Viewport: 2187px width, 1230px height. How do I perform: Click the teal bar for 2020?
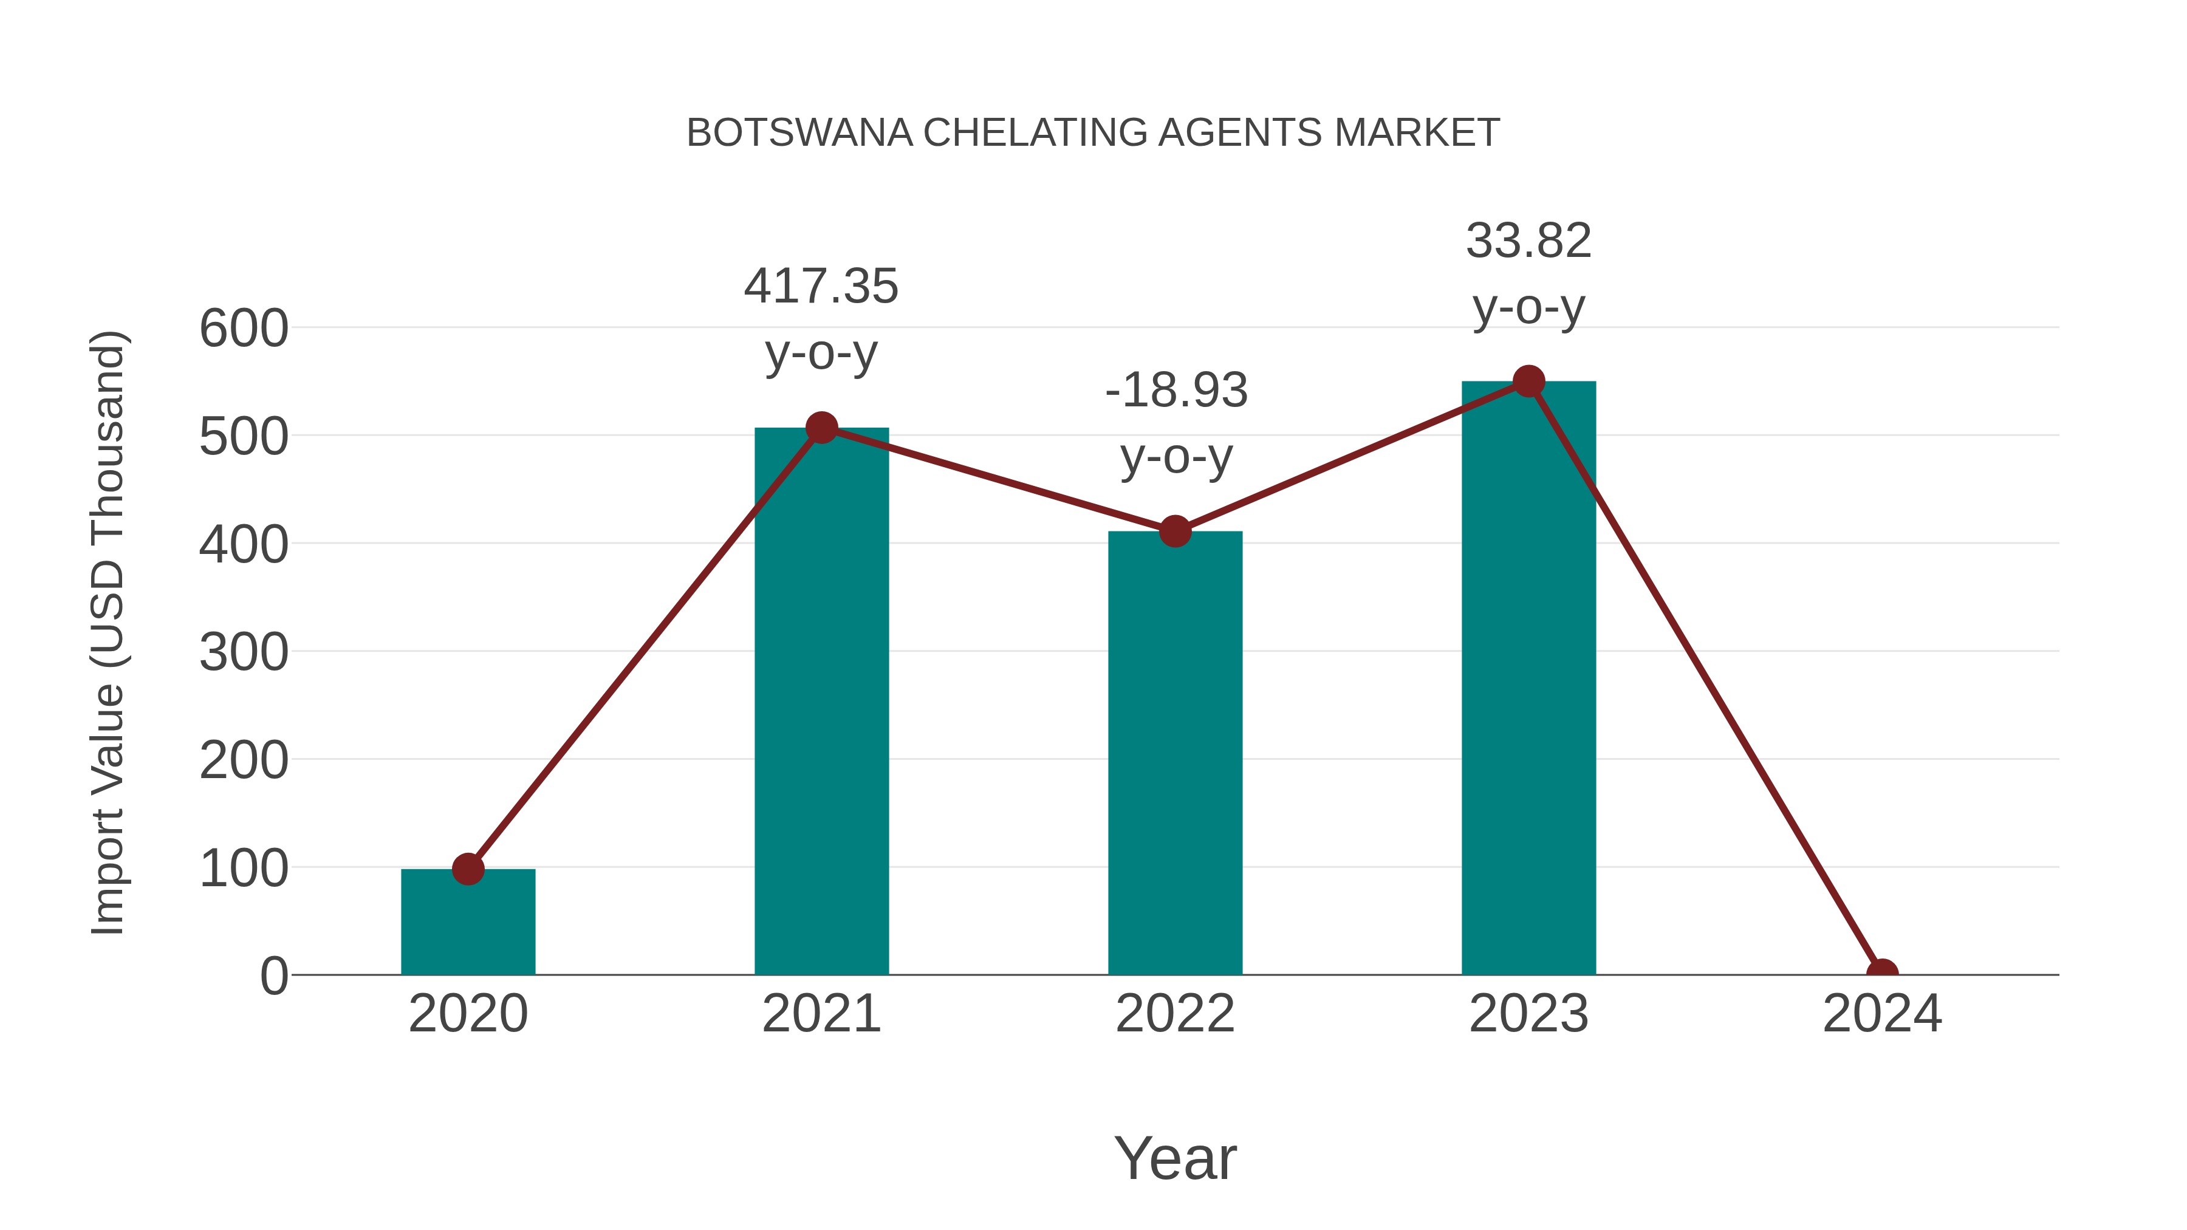point(468,925)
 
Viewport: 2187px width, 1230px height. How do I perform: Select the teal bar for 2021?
point(821,705)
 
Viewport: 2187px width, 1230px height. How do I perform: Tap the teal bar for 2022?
point(1175,756)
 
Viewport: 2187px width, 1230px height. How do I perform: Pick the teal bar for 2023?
point(1528,679)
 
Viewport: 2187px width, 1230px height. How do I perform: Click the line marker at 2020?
point(468,869)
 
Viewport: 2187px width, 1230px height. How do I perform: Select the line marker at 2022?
point(1175,532)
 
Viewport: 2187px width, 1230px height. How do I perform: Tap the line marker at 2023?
point(1528,382)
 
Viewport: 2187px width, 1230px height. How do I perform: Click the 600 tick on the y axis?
point(244,329)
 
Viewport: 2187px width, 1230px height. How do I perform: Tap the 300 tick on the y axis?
point(244,653)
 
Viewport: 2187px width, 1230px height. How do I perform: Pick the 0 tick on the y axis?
point(274,976)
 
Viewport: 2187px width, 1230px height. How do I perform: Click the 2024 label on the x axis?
point(1881,1014)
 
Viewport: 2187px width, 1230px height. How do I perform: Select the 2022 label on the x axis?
point(1175,1014)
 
